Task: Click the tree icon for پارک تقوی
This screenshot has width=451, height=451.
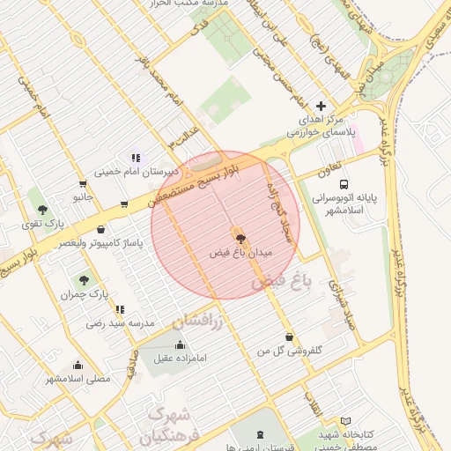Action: [42, 210]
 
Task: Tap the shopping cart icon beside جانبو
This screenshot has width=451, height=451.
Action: [83, 184]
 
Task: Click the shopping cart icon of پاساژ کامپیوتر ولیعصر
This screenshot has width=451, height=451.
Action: [124, 204]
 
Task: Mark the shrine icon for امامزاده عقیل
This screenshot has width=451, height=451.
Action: [181, 344]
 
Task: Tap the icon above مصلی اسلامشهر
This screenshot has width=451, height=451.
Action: [78, 365]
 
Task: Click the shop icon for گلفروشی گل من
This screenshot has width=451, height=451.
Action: [290, 336]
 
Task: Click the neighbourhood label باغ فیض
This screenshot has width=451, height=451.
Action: [282, 283]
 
